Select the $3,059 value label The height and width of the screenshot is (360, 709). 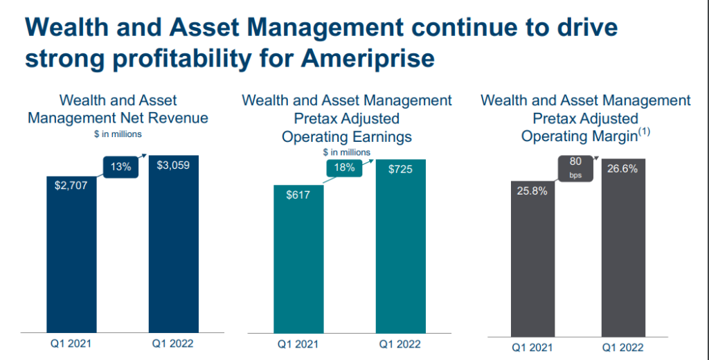tap(173, 165)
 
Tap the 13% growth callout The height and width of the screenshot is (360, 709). tap(120, 167)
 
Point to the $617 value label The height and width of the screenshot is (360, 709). tap(298, 195)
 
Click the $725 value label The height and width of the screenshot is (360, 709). tap(400, 169)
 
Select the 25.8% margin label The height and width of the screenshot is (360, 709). tap(532, 190)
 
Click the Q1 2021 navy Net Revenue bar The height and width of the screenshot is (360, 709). tap(72, 263)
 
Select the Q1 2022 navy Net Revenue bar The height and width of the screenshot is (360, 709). tap(173, 249)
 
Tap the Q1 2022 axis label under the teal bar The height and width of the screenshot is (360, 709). tap(400, 343)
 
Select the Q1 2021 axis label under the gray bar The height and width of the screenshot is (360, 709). tap(532, 348)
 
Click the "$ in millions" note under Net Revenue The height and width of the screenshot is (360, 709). tap(118, 134)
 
